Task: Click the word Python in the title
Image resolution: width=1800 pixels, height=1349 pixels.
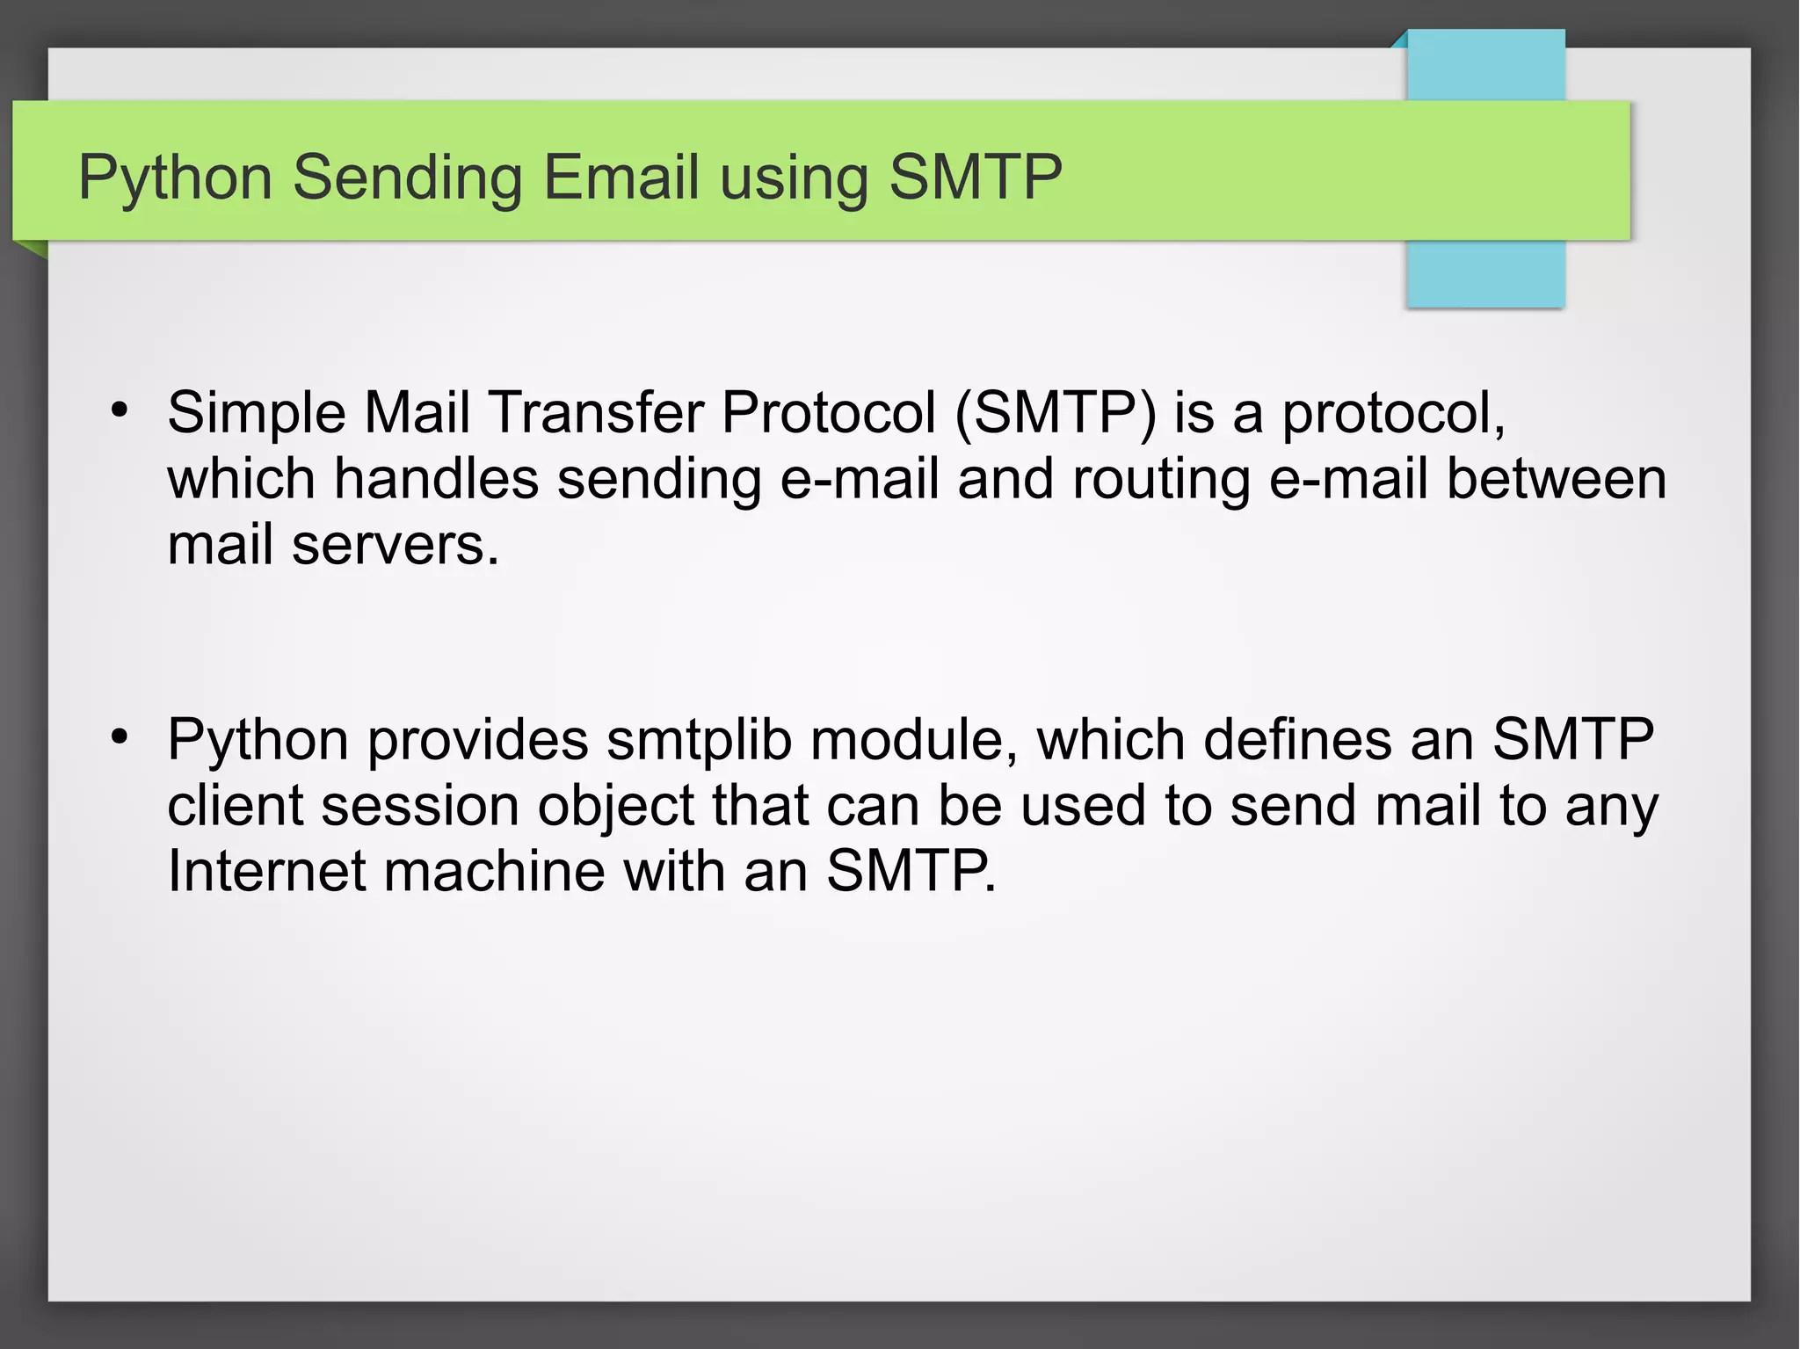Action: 175,178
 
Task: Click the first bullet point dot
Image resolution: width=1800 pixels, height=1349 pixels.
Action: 120,410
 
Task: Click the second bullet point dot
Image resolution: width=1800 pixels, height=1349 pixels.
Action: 120,736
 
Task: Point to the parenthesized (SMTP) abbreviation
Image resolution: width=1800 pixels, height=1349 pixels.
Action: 1056,412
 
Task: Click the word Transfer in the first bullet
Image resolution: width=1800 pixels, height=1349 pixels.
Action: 595,412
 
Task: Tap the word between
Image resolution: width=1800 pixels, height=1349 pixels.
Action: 1556,479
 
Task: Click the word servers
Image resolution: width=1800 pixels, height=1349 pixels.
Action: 396,546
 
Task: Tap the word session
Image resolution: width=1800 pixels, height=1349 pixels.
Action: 420,806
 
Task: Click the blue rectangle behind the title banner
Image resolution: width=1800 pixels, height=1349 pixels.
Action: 1485,272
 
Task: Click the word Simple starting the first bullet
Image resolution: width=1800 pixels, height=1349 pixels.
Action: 257,413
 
